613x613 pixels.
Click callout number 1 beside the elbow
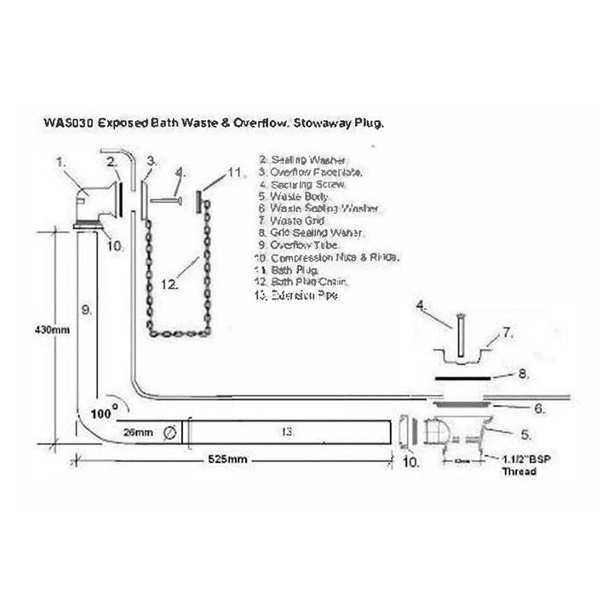60,159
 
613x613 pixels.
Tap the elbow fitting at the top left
95,200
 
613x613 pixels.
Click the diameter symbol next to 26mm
169,433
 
